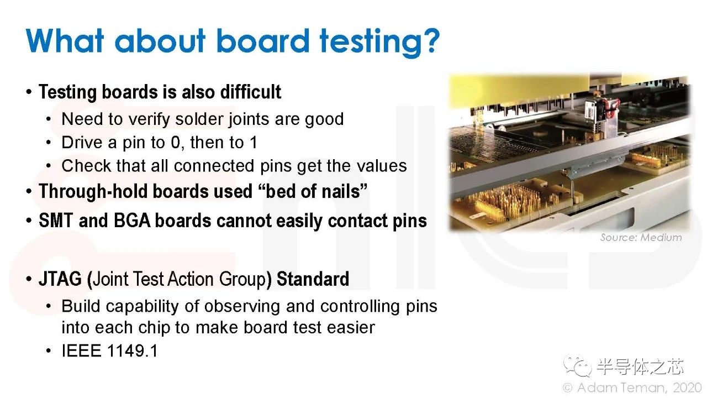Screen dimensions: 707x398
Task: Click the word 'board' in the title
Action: coord(263,40)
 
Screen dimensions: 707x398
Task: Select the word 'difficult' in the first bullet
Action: coord(251,92)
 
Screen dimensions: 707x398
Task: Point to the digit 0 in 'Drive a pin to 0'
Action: coord(176,143)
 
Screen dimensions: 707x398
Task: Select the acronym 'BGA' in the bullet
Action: coord(132,221)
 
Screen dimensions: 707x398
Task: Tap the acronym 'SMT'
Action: coord(56,221)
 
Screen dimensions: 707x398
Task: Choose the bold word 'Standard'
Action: coord(313,279)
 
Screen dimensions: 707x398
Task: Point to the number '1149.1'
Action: coord(132,351)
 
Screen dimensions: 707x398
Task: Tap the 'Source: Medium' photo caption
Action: coord(641,238)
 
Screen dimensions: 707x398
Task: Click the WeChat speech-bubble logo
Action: coord(577,366)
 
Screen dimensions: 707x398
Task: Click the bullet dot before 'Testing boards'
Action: coord(29,92)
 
